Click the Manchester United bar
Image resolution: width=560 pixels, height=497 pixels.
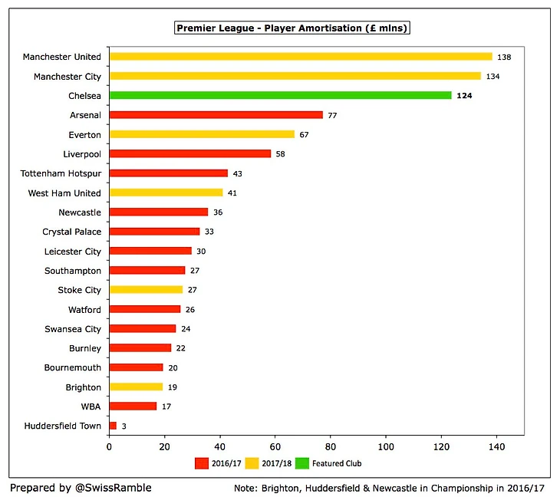coord(301,57)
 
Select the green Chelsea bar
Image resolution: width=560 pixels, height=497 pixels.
coord(281,95)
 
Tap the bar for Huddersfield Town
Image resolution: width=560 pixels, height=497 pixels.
coord(114,426)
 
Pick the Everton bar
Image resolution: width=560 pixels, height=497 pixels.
coord(203,134)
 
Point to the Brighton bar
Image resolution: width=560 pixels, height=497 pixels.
coord(137,387)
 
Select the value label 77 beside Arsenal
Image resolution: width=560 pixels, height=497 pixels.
coord(334,115)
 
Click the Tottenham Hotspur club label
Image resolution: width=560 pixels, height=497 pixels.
coord(61,173)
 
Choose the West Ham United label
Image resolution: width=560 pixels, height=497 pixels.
coord(64,193)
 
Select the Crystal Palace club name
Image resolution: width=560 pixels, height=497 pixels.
coord(71,232)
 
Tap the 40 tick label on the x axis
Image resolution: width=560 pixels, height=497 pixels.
coord(220,446)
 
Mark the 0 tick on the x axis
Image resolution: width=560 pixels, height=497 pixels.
coord(110,446)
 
